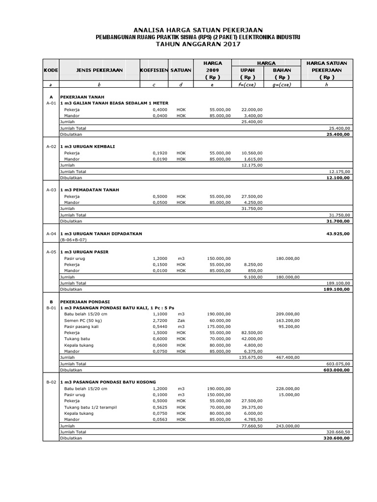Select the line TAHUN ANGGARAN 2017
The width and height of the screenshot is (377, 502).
(198, 44)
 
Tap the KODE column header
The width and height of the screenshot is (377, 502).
(51, 70)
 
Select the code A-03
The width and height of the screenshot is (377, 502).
(51, 190)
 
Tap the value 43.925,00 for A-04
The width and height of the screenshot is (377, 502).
(338, 234)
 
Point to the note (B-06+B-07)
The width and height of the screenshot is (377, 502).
(73, 240)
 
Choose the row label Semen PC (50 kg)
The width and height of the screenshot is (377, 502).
(81, 320)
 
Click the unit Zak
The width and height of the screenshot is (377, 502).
(181, 320)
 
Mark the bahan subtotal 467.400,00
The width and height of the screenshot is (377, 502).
(288, 358)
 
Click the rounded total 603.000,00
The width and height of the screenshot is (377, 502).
(337, 370)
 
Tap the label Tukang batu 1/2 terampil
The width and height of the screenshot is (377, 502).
(90, 407)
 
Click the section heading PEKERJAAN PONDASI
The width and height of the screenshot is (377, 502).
(85, 301)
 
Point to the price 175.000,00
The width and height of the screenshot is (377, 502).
(218, 326)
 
